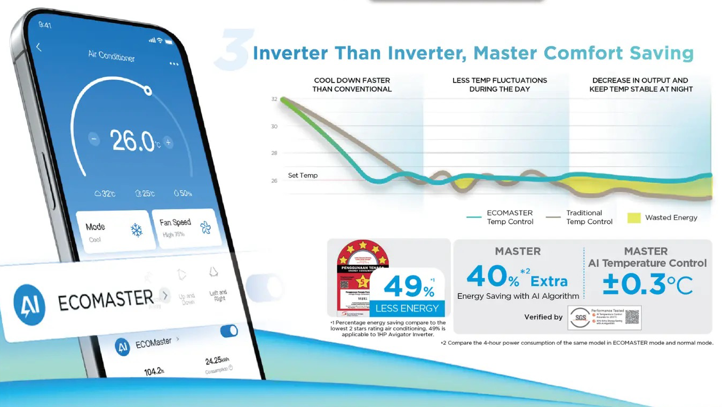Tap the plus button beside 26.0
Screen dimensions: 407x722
pyautogui.click(x=168, y=142)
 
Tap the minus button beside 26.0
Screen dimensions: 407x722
pyautogui.click(x=94, y=140)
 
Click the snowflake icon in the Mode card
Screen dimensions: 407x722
pyautogui.click(x=137, y=230)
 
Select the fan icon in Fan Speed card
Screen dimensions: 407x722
pyautogui.click(x=205, y=228)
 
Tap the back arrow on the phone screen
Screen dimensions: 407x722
pyautogui.click(x=38, y=47)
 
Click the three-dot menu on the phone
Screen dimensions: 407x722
pyautogui.click(x=174, y=64)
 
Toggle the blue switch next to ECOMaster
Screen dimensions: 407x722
pyautogui.click(x=229, y=331)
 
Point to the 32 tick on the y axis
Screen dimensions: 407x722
pyautogui.click(x=274, y=99)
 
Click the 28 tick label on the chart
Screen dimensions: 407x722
pyautogui.click(x=274, y=153)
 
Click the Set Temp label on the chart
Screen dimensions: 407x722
pyautogui.click(x=303, y=175)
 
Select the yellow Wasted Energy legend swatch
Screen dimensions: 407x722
pyautogui.click(x=634, y=217)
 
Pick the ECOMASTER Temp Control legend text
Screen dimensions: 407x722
pyautogui.click(x=510, y=217)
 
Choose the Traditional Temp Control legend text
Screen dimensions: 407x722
pyautogui.click(x=589, y=217)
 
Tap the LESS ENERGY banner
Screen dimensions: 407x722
pyautogui.click(x=407, y=308)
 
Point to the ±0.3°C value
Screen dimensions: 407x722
pyautogui.click(x=647, y=285)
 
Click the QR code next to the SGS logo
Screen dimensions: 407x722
pyautogui.click(x=631, y=317)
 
